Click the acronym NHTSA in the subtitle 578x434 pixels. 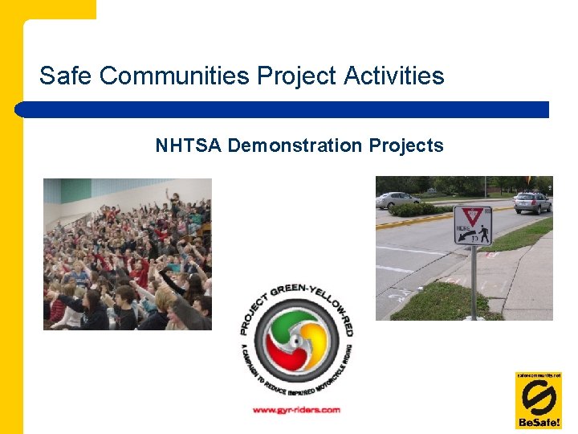[189, 145]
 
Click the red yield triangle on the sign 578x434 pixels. [473, 216]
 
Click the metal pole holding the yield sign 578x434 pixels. [473, 281]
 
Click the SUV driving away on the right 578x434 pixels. [532, 202]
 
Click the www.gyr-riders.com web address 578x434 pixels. [296, 410]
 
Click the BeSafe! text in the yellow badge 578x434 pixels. [538, 422]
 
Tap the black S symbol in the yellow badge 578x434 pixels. [538, 396]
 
